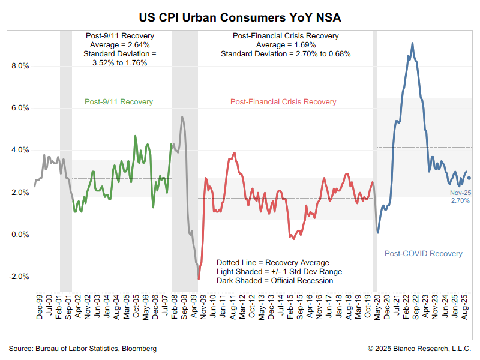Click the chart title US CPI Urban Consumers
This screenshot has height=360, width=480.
point(240,16)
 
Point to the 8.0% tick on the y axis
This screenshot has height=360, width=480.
point(20,66)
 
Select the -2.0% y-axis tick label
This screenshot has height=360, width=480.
point(19,277)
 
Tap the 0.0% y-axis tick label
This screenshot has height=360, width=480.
point(20,235)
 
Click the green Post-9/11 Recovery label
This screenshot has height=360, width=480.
point(119,102)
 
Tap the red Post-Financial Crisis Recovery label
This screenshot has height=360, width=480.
point(283,102)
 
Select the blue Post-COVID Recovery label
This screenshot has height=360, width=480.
point(423,254)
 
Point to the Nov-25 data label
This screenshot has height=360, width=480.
point(460,193)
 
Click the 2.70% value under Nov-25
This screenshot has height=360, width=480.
point(460,200)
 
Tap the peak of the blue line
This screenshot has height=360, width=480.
point(412,43)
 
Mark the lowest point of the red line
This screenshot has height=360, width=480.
point(199,278)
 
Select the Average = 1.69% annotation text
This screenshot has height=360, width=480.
point(286,45)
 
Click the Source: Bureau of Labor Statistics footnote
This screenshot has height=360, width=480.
point(82,349)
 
